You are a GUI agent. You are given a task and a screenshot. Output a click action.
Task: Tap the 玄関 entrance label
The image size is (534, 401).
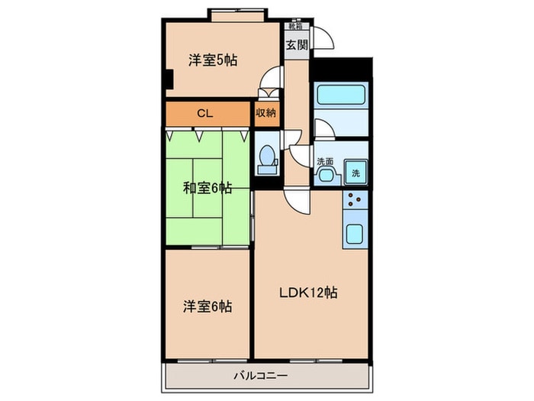(296, 44)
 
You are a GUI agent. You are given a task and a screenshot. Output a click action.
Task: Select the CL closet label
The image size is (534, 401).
(204, 113)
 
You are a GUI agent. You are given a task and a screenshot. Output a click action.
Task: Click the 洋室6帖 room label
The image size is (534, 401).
(207, 307)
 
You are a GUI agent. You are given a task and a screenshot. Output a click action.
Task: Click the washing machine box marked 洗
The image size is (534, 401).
(355, 173)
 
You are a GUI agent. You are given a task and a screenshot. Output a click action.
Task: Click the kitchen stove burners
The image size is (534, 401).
(356, 202)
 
